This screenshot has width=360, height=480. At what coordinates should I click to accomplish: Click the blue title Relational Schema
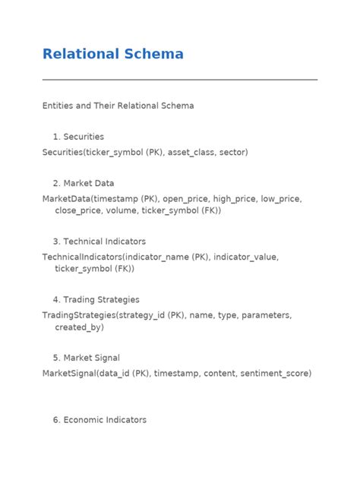(112, 54)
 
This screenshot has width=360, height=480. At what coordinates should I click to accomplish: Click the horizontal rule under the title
(180, 79)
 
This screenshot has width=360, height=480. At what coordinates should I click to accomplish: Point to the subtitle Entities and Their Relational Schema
(118, 106)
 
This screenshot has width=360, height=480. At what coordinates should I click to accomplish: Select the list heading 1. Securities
(78, 137)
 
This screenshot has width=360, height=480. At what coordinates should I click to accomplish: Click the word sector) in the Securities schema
(233, 152)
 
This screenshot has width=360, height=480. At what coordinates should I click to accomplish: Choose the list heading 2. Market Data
(84, 183)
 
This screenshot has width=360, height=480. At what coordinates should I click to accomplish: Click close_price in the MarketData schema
(79, 210)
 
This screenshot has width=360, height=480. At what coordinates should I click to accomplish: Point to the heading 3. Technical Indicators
(99, 242)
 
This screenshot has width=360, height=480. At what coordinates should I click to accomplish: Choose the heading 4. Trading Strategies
(96, 299)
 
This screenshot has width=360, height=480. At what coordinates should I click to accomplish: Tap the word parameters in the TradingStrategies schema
(267, 314)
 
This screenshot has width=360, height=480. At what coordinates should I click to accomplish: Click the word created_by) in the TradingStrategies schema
(79, 327)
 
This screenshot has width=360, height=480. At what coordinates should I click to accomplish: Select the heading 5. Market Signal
(86, 358)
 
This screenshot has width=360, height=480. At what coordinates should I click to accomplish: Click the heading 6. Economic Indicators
(99, 419)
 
